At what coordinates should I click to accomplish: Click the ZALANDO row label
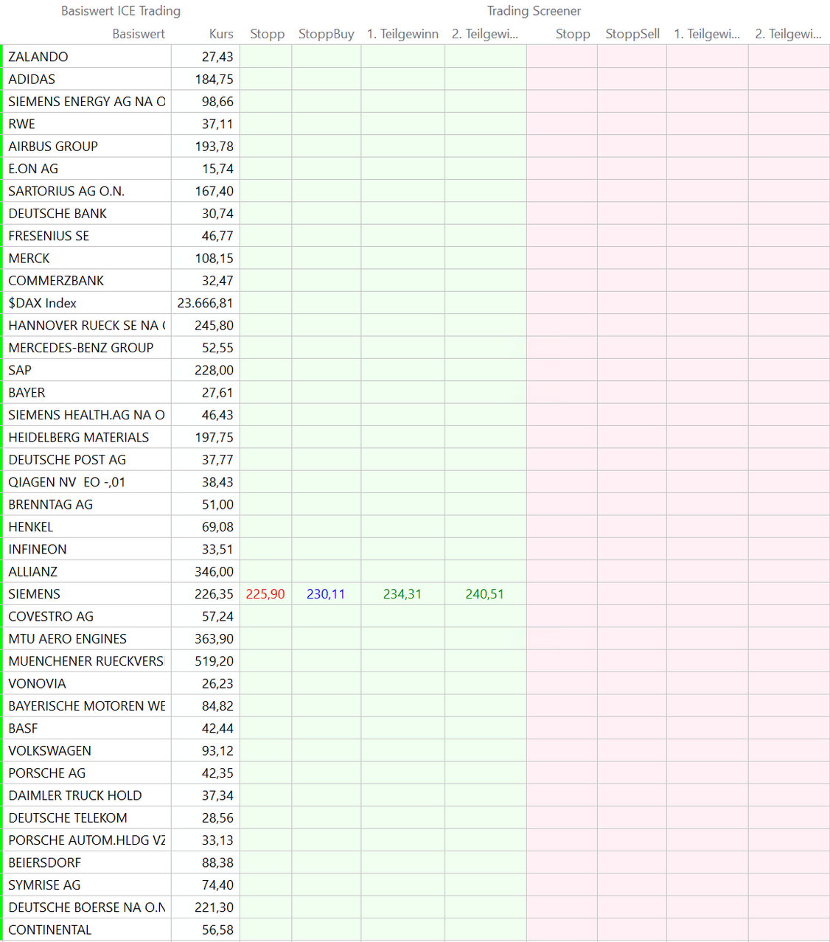[38, 57]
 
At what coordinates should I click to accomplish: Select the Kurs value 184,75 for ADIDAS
[214, 79]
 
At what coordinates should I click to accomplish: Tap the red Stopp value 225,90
[265, 594]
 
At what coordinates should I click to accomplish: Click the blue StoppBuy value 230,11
[326, 594]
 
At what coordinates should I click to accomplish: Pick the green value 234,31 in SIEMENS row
[402, 594]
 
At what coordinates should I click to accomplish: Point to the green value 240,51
[485, 594]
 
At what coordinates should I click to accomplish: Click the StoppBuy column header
[327, 34]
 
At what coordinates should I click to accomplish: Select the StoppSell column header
[632, 34]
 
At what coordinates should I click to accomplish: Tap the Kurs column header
[221, 34]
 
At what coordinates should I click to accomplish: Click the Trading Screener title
[534, 11]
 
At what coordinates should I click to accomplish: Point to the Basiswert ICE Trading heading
[121, 11]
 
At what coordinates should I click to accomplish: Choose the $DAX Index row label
[43, 303]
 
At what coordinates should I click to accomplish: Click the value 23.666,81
[205, 303]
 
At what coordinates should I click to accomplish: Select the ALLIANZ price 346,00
[214, 571]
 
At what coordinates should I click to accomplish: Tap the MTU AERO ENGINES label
[68, 639]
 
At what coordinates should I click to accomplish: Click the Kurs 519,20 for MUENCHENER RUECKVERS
[214, 661]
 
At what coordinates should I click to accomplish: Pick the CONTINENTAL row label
[50, 929]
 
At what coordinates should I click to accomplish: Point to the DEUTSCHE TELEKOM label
[68, 818]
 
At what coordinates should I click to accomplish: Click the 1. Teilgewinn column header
[402, 34]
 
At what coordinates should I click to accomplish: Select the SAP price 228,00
[214, 370]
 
